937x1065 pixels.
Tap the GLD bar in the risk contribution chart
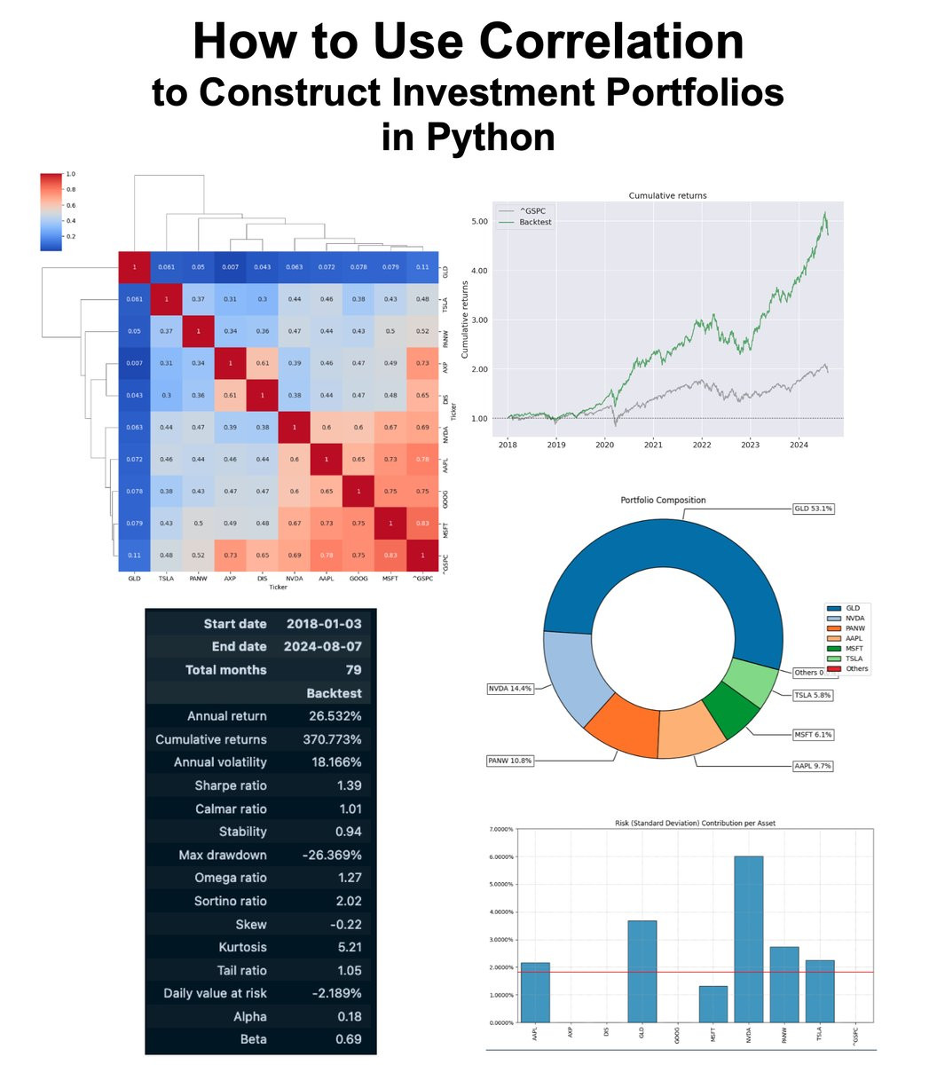[642, 971]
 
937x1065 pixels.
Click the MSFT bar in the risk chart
[713, 1004]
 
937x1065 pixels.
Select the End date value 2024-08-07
[323, 647]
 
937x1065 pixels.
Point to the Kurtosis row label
[242, 947]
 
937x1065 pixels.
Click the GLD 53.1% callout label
[813, 509]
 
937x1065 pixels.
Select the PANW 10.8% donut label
[511, 761]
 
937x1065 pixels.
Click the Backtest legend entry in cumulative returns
[535, 222]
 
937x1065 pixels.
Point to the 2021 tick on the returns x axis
[653, 445]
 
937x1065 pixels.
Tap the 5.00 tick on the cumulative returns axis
[478, 221]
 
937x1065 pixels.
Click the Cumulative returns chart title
[667, 195]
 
